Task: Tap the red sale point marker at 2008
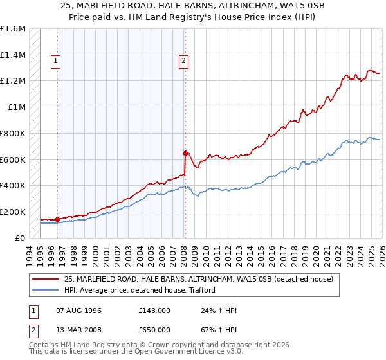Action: coord(185,153)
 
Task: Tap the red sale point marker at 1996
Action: coord(57,219)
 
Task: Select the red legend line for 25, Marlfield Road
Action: coord(46,279)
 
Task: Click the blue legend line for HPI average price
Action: coord(46,290)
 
